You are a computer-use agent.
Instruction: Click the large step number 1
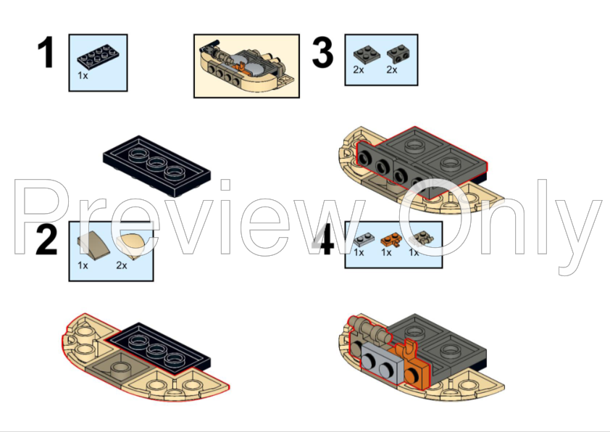(46, 52)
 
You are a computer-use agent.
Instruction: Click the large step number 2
(46, 239)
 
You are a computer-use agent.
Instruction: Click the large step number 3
(322, 52)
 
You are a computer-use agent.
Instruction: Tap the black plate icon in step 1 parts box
(98, 57)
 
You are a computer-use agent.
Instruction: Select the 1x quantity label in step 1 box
(83, 75)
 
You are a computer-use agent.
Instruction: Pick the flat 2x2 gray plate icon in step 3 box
(367, 54)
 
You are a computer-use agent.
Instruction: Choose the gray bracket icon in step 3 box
(398, 54)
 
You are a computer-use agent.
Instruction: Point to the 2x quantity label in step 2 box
(122, 265)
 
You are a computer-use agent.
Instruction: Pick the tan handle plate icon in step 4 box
(422, 239)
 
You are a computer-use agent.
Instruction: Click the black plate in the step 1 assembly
(156, 166)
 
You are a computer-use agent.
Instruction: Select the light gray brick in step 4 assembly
(380, 362)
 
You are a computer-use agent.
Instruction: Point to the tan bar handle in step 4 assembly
(369, 331)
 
